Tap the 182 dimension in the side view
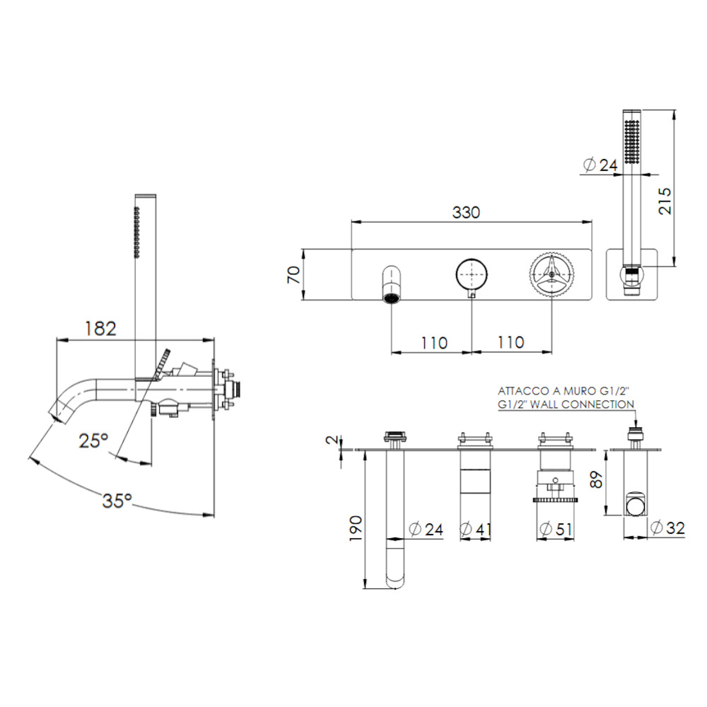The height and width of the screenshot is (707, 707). coord(100,329)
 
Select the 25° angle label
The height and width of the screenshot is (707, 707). coord(93,440)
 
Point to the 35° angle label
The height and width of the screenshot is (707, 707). coord(117,501)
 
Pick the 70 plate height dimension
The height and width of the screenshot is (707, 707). coord(294,274)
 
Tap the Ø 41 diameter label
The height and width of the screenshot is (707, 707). coord(474,529)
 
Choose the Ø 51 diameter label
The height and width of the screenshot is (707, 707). coord(555,529)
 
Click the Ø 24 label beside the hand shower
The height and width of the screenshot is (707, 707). coord(600,165)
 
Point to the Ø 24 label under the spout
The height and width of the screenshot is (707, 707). coord(426,529)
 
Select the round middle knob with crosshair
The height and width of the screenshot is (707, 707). coord(471,274)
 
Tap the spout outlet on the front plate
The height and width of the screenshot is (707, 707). coord(390,297)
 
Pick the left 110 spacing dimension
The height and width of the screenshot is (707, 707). coord(433,342)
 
